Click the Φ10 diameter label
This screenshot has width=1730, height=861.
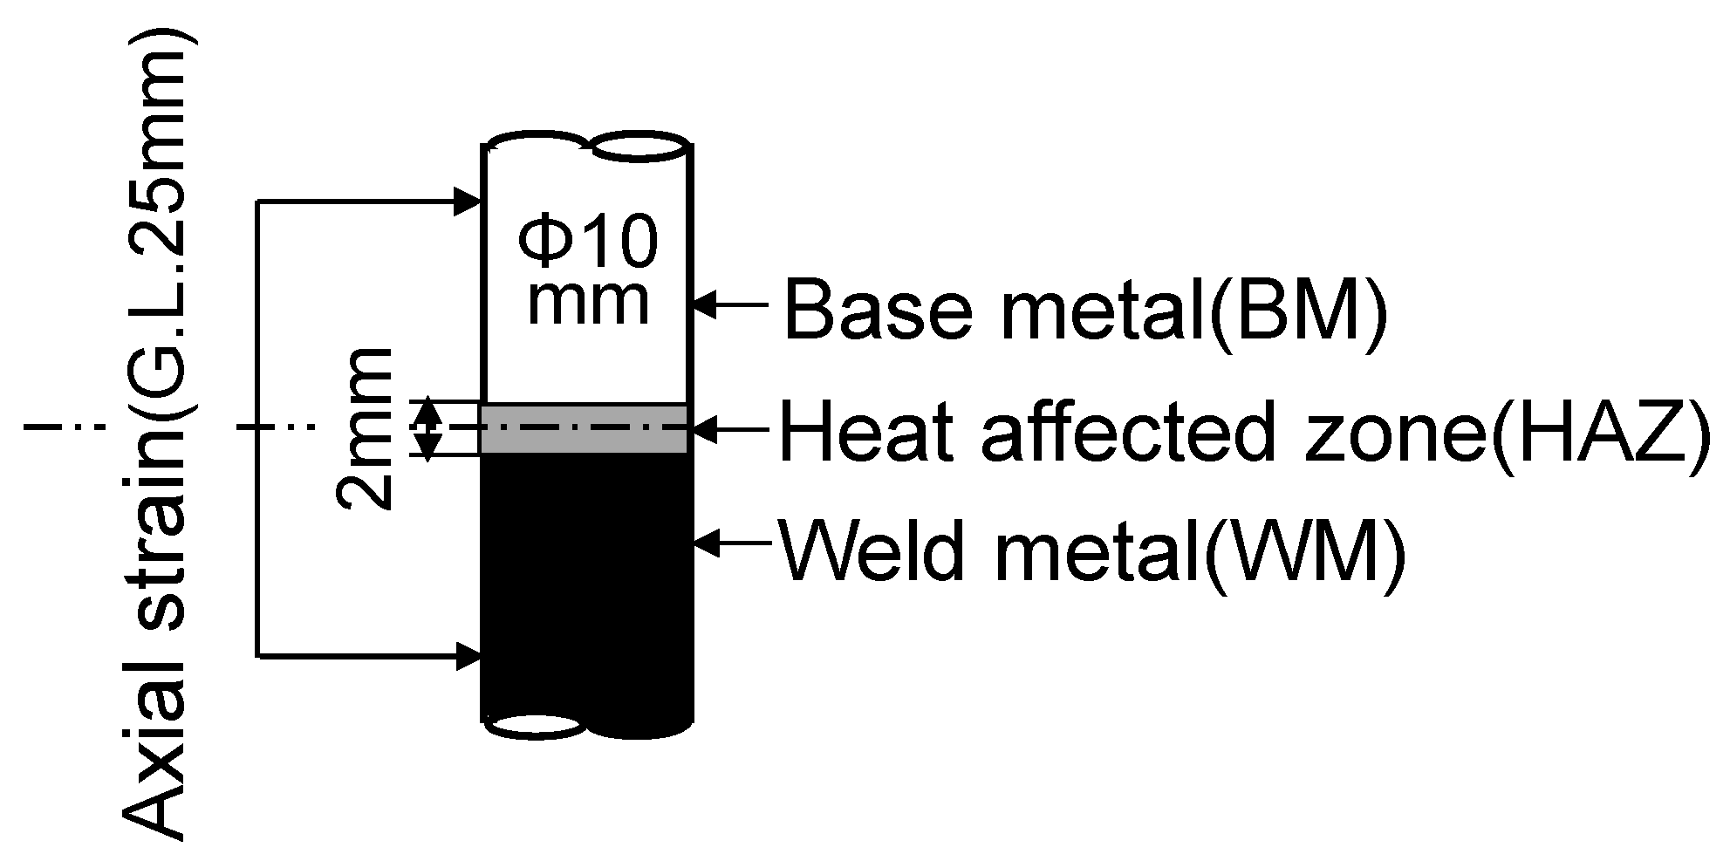(x=587, y=243)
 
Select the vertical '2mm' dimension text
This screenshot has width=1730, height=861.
(x=365, y=428)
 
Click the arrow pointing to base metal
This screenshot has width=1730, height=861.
(x=733, y=305)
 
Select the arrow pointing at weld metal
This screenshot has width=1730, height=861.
(x=733, y=543)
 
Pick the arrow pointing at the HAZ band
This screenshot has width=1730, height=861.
(x=733, y=428)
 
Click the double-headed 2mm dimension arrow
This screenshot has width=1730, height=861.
(x=427, y=428)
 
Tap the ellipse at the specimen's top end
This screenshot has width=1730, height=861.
(x=637, y=147)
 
